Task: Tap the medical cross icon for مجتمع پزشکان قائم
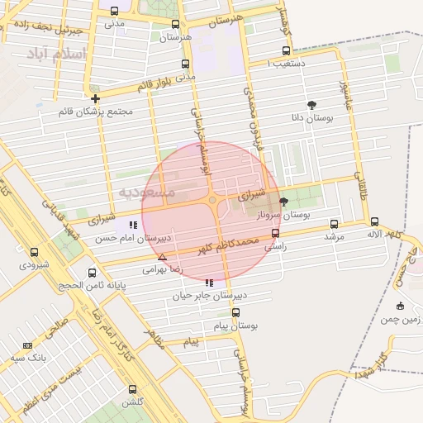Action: click(x=96, y=99)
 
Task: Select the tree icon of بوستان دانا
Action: click(x=311, y=105)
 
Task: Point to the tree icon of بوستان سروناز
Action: click(x=284, y=202)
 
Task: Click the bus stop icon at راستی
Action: click(x=275, y=233)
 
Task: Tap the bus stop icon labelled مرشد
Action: click(x=334, y=224)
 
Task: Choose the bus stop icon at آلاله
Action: click(x=374, y=221)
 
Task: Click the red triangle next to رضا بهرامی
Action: click(x=162, y=257)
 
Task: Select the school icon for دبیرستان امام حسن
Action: click(x=133, y=225)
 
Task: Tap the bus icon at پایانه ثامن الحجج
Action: click(x=92, y=273)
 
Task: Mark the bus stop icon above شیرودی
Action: click(x=34, y=252)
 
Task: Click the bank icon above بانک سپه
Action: click(x=28, y=345)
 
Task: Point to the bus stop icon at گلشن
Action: click(x=132, y=389)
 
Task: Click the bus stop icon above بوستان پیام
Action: click(x=235, y=313)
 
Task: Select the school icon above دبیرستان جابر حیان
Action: click(x=208, y=283)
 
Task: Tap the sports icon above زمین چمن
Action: click(x=401, y=306)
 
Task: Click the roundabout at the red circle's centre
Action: click(x=212, y=200)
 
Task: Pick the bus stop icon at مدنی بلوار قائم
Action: click(x=183, y=64)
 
